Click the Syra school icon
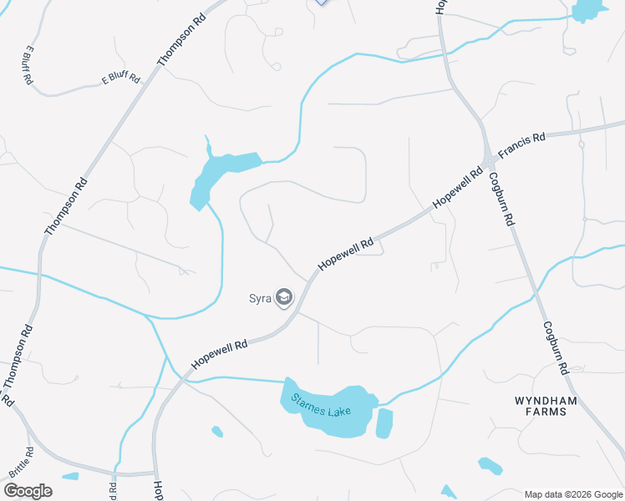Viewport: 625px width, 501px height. pyautogui.click(x=284, y=298)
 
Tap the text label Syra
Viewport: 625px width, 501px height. pyautogui.click(x=260, y=298)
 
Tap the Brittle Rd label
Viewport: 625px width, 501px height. pyautogui.click(x=20, y=463)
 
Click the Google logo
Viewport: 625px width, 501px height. pyautogui.click(x=27, y=490)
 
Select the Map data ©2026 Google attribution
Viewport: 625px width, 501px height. pyautogui.click(x=574, y=494)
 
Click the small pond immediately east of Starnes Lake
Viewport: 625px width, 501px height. pyautogui.click(x=384, y=423)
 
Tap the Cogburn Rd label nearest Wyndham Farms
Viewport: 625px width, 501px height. pyautogui.click(x=556, y=347)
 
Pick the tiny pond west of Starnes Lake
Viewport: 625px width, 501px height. pyautogui.click(x=217, y=432)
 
